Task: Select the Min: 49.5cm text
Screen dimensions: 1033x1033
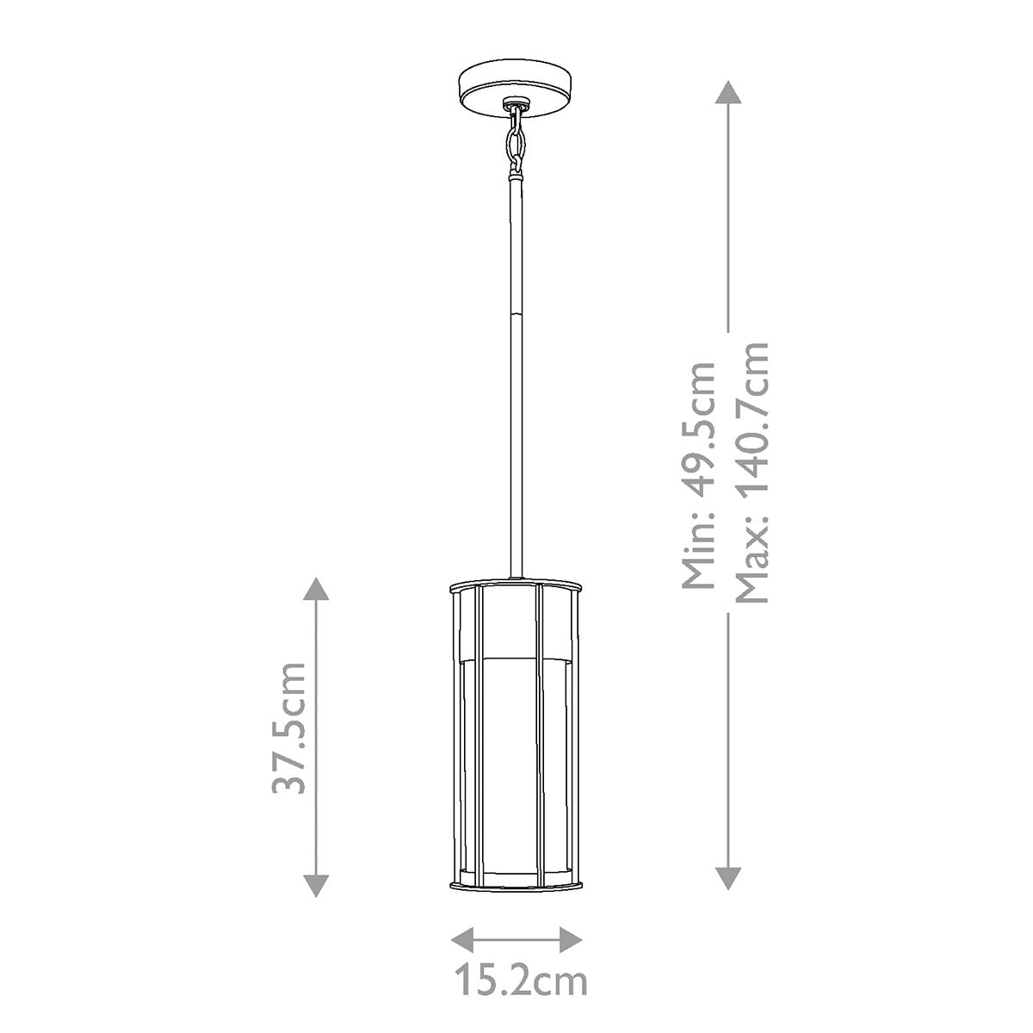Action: point(698,475)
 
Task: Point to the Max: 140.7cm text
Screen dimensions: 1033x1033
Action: point(750,473)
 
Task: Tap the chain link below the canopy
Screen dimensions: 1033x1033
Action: point(516,142)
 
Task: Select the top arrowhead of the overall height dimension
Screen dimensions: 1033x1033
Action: point(728,92)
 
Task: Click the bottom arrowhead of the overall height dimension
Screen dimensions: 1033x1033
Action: point(728,879)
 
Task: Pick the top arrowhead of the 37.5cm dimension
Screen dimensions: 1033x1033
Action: point(316,590)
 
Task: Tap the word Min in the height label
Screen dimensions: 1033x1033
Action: point(698,559)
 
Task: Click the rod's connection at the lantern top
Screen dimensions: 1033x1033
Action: point(516,574)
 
